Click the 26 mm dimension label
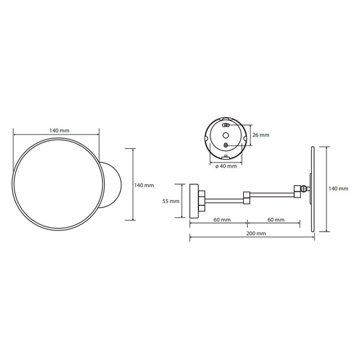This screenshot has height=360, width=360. (261, 135)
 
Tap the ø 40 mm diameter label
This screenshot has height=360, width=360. (226, 166)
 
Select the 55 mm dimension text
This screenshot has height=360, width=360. (171, 201)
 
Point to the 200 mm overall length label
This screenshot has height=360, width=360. (256, 234)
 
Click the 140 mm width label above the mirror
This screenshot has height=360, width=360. (59, 131)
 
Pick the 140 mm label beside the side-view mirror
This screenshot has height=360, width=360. (338, 189)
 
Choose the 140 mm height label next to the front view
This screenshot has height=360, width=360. (144, 185)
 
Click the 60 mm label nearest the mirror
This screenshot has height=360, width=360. (276, 220)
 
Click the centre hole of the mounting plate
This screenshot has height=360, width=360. (226, 135)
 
